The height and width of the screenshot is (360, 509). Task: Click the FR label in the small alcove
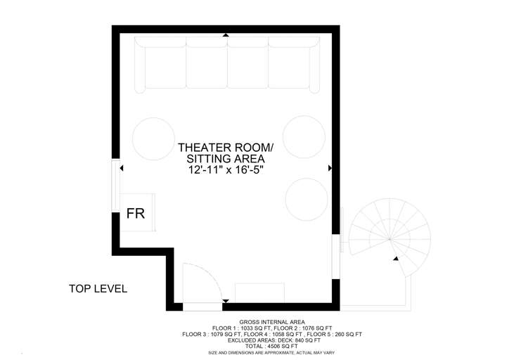[135, 214]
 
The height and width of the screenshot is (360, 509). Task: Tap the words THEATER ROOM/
[225, 148]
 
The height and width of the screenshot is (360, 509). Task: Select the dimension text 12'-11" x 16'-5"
[225, 170]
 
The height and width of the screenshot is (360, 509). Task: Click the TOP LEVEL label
[98, 288]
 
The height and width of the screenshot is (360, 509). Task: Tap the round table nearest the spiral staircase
[306, 198]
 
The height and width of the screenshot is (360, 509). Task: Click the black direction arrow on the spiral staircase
[397, 259]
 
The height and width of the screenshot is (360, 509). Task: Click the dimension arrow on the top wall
[225, 34]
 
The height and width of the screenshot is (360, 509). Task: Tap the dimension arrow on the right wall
[330, 169]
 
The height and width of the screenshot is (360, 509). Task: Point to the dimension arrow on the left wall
[122, 169]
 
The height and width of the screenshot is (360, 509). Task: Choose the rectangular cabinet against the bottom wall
[259, 292]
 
